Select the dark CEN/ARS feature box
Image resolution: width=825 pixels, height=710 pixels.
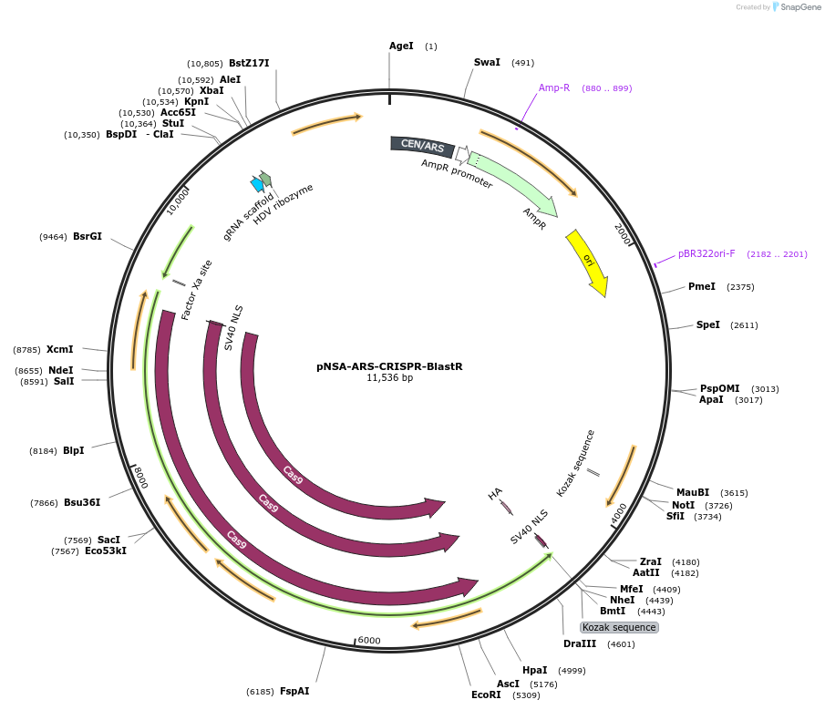coord(422,145)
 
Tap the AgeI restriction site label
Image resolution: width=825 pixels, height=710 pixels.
coord(401,46)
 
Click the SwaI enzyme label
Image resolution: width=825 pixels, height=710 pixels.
coord(487,62)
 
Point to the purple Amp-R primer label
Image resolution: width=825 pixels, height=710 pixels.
coord(553,88)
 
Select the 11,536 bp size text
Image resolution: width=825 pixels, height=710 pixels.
coord(389,377)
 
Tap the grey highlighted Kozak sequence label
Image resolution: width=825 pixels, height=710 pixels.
coord(619,627)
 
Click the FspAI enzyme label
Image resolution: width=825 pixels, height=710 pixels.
coord(294,691)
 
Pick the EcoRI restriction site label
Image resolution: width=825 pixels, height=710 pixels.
coord(486,695)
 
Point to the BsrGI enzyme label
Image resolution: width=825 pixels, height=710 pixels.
coord(88,236)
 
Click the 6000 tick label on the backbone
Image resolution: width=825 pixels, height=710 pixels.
coord(368,640)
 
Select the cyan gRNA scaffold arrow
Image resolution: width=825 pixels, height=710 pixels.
coord(257,184)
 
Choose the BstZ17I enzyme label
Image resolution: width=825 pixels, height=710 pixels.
coord(249,63)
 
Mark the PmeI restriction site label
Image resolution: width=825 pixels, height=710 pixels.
coord(702,286)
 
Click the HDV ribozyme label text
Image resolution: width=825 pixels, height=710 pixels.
coord(284,205)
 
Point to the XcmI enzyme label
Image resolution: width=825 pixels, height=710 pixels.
coord(60,349)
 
